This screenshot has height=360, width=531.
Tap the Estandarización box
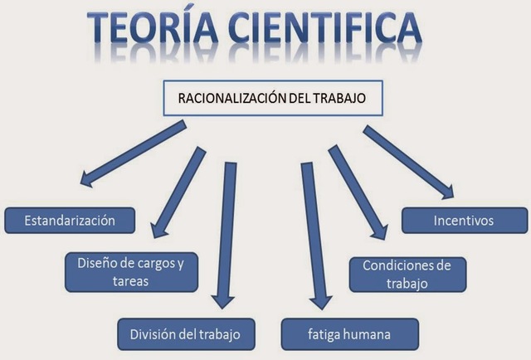point(71,221)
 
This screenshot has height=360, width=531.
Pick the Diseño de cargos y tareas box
point(131,272)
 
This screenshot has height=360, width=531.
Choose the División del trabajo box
point(185,334)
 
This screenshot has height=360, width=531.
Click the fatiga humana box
point(348,334)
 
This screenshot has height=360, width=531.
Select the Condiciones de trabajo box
point(407,274)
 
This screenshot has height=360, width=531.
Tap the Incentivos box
point(463,221)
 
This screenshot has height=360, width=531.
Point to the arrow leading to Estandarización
point(133,153)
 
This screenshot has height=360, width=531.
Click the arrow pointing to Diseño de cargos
point(177,191)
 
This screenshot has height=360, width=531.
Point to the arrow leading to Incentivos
point(408,162)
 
